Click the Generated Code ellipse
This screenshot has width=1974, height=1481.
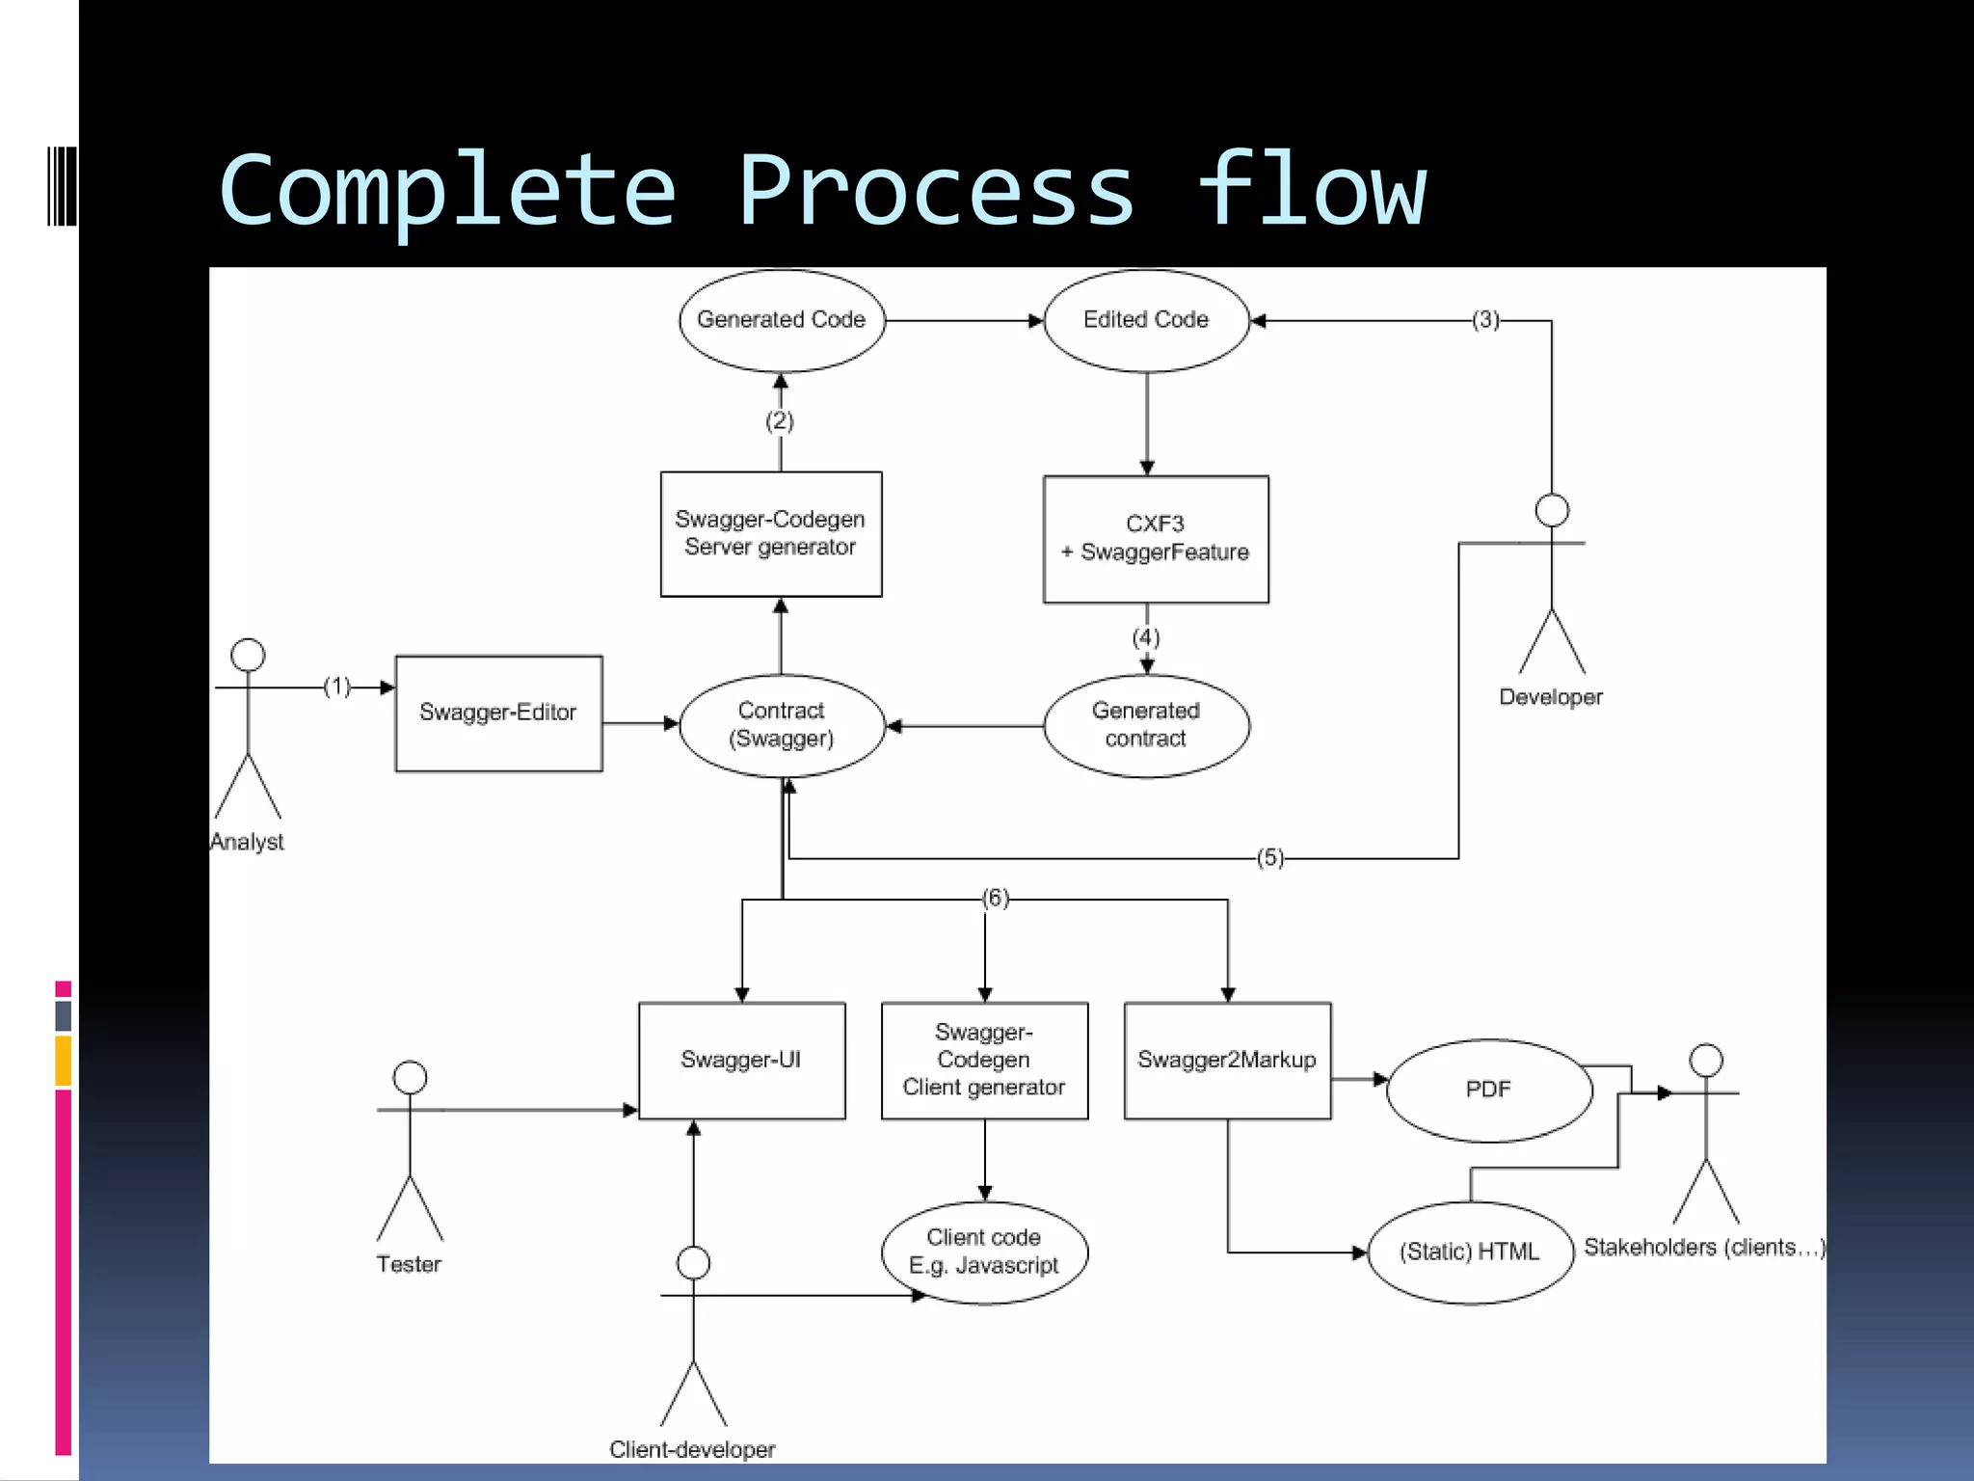click(x=782, y=320)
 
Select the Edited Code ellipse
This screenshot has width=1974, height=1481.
click(x=1146, y=320)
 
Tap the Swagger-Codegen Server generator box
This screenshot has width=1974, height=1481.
click(x=770, y=533)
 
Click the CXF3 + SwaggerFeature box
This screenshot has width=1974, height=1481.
click(x=1156, y=539)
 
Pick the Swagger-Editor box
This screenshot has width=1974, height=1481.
click(x=498, y=713)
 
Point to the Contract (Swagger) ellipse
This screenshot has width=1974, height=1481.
click(x=782, y=725)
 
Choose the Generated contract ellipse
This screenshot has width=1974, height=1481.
click(x=1146, y=725)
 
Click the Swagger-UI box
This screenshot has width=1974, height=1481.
click(x=741, y=1060)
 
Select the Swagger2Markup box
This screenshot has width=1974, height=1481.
click(x=1227, y=1060)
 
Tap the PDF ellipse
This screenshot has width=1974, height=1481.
click(x=1488, y=1090)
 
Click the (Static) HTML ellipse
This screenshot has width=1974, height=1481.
click(x=1470, y=1252)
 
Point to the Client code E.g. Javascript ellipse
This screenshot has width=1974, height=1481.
click(x=984, y=1252)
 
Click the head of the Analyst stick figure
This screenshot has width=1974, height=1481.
click(x=248, y=656)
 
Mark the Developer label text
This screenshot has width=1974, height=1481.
click(x=1551, y=697)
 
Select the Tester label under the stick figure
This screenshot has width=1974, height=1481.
click(x=409, y=1264)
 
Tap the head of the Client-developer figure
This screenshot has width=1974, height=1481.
click(x=693, y=1263)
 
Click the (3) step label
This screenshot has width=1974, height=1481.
click(x=1485, y=320)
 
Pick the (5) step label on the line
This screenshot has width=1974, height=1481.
click(x=1270, y=857)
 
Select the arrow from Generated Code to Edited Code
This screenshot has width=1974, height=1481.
click(x=964, y=320)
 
